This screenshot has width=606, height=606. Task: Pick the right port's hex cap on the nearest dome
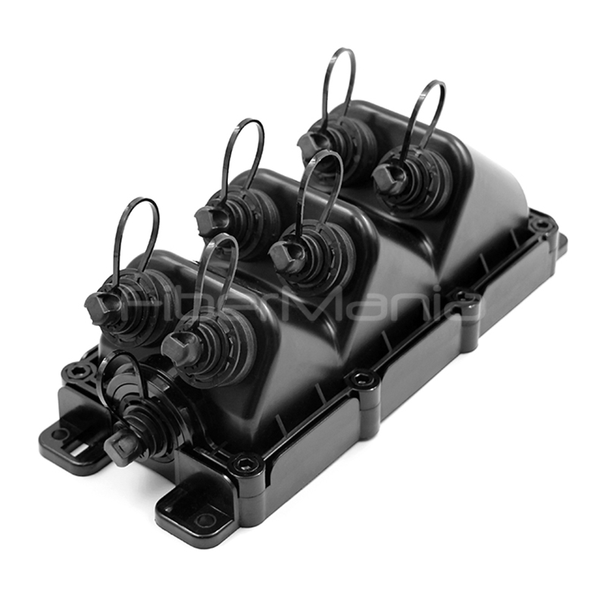[179, 348]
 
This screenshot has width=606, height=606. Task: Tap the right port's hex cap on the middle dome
[286, 257]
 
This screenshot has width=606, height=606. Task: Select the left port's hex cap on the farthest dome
[311, 143]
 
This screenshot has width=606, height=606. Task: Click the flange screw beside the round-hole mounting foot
[245, 464]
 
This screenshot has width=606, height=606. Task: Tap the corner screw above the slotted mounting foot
[77, 371]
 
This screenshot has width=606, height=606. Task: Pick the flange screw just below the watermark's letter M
[362, 379]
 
